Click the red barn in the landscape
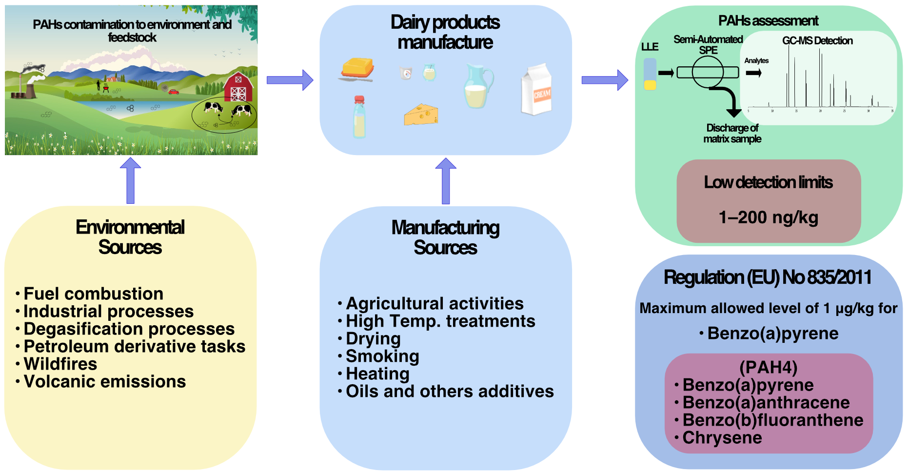238,87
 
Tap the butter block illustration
357,69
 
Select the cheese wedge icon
421,115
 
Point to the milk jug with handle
478,87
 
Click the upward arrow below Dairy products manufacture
445,181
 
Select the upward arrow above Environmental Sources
130,180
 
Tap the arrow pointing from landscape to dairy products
290,80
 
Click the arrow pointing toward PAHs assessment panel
605,80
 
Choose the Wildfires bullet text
60,364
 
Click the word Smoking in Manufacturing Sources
382,356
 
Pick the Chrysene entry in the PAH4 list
722,438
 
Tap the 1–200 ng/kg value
769,217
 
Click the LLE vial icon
650,74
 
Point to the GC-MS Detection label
817,41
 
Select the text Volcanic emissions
105,382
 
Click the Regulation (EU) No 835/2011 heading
768,277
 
